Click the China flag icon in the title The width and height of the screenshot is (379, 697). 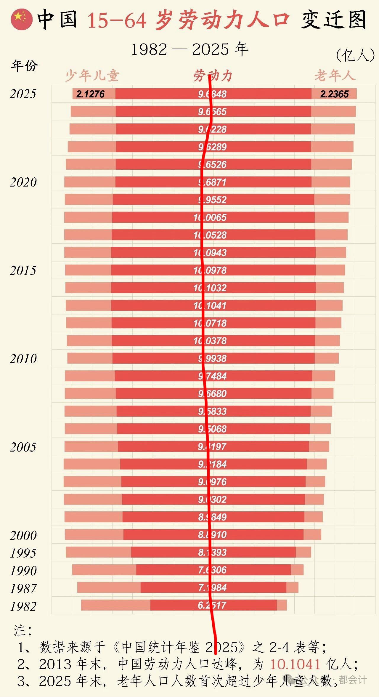21,20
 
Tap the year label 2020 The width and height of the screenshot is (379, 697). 23,182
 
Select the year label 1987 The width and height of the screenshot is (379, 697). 23,589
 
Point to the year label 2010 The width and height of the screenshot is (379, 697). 23,359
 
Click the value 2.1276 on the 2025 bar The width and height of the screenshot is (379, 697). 90,94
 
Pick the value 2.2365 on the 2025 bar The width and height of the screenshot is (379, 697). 334,94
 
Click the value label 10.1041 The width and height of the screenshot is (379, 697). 210,306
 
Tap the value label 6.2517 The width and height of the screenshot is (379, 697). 212,605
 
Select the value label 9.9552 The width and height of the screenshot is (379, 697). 212,200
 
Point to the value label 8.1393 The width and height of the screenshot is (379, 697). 212,553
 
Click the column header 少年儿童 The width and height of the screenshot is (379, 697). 92,76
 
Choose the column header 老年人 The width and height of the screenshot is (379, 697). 335,76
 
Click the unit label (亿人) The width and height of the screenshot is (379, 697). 355,55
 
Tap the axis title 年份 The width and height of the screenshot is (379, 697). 25,65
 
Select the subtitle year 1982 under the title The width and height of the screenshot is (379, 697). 149,49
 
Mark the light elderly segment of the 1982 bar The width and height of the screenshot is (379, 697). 282,605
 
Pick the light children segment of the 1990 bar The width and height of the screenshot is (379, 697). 104,570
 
